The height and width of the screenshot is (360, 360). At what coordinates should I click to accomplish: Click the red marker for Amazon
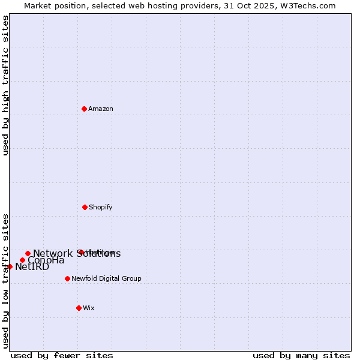click(x=85, y=109)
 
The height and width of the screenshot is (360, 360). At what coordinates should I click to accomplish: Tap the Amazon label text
click(x=101, y=109)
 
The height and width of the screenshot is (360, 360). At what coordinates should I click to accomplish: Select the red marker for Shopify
click(x=85, y=207)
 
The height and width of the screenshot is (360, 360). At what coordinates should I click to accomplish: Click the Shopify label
click(x=101, y=208)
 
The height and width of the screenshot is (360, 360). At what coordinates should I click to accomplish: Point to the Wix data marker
click(x=79, y=308)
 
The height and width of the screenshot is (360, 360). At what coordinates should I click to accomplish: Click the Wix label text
click(x=89, y=308)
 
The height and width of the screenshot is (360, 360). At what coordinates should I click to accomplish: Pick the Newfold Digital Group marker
click(x=67, y=278)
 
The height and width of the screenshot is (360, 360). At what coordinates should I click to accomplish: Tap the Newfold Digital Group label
click(x=106, y=279)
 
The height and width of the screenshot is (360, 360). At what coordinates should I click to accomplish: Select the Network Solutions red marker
click(x=28, y=253)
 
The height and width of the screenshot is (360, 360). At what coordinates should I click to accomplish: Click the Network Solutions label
click(x=77, y=254)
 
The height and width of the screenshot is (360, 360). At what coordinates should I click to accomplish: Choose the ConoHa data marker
click(x=22, y=260)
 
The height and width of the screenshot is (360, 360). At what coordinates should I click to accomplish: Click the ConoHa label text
click(x=46, y=260)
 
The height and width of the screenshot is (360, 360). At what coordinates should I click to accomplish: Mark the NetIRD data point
click(x=10, y=266)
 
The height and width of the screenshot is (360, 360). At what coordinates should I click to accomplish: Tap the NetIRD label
click(x=32, y=267)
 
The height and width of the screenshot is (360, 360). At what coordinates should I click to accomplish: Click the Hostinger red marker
click(x=80, y=252)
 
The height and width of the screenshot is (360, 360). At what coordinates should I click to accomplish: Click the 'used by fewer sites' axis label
click(x=62, y=355)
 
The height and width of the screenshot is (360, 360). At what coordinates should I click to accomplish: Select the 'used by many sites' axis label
click(x=301, y=355)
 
